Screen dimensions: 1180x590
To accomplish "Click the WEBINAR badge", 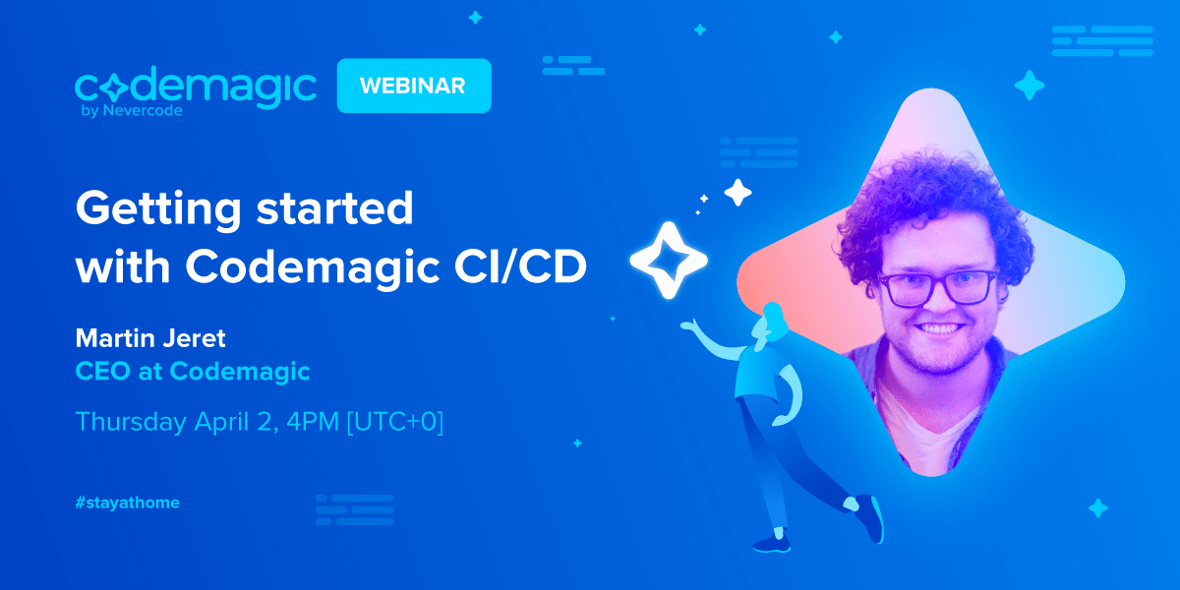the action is coord(414,86).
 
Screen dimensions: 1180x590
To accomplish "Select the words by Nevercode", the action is coord(132,110).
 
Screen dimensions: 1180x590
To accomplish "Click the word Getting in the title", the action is coord(158,209).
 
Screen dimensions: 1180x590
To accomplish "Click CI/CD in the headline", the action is coord(520,266).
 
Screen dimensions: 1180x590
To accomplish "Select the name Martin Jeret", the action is coord(150,338).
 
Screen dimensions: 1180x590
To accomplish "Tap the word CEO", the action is coord(102,371).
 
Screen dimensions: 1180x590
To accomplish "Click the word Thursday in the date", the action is coord(131,422).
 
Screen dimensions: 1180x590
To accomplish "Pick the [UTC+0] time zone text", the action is coord(395,422).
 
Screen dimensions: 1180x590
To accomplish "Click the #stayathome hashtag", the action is coord(128,502).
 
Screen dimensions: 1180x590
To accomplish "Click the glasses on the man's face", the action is coord(939,287).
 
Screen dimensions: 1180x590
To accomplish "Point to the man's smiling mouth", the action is coord(939,330).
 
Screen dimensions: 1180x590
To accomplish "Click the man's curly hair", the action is coord(932,206).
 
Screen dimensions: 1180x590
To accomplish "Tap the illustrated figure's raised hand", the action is coord(688,326).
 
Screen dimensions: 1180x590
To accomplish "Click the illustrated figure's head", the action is coord(770,322).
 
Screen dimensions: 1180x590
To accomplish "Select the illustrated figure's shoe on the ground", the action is coord(772,544).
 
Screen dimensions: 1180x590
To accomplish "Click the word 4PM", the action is coord(313,422).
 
